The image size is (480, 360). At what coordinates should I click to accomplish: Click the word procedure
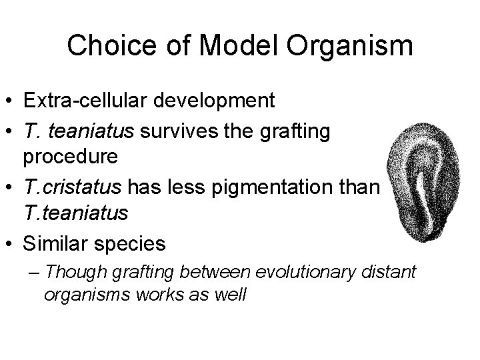pos(72,157)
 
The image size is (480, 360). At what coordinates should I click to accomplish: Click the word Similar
pos(57,244)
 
